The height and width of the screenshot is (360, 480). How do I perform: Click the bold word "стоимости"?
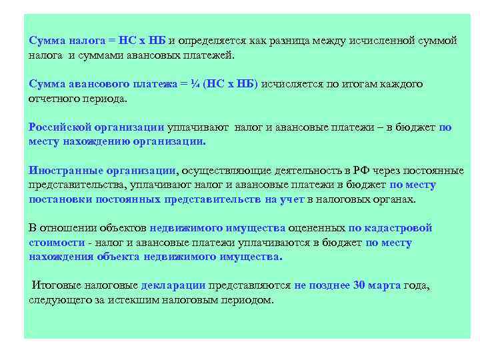click(57, 242)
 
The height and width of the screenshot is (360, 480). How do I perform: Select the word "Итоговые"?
click(55, 285)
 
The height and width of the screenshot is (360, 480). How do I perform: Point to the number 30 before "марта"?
click(359, 285)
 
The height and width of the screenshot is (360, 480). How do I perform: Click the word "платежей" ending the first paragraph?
click(211, 55)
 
